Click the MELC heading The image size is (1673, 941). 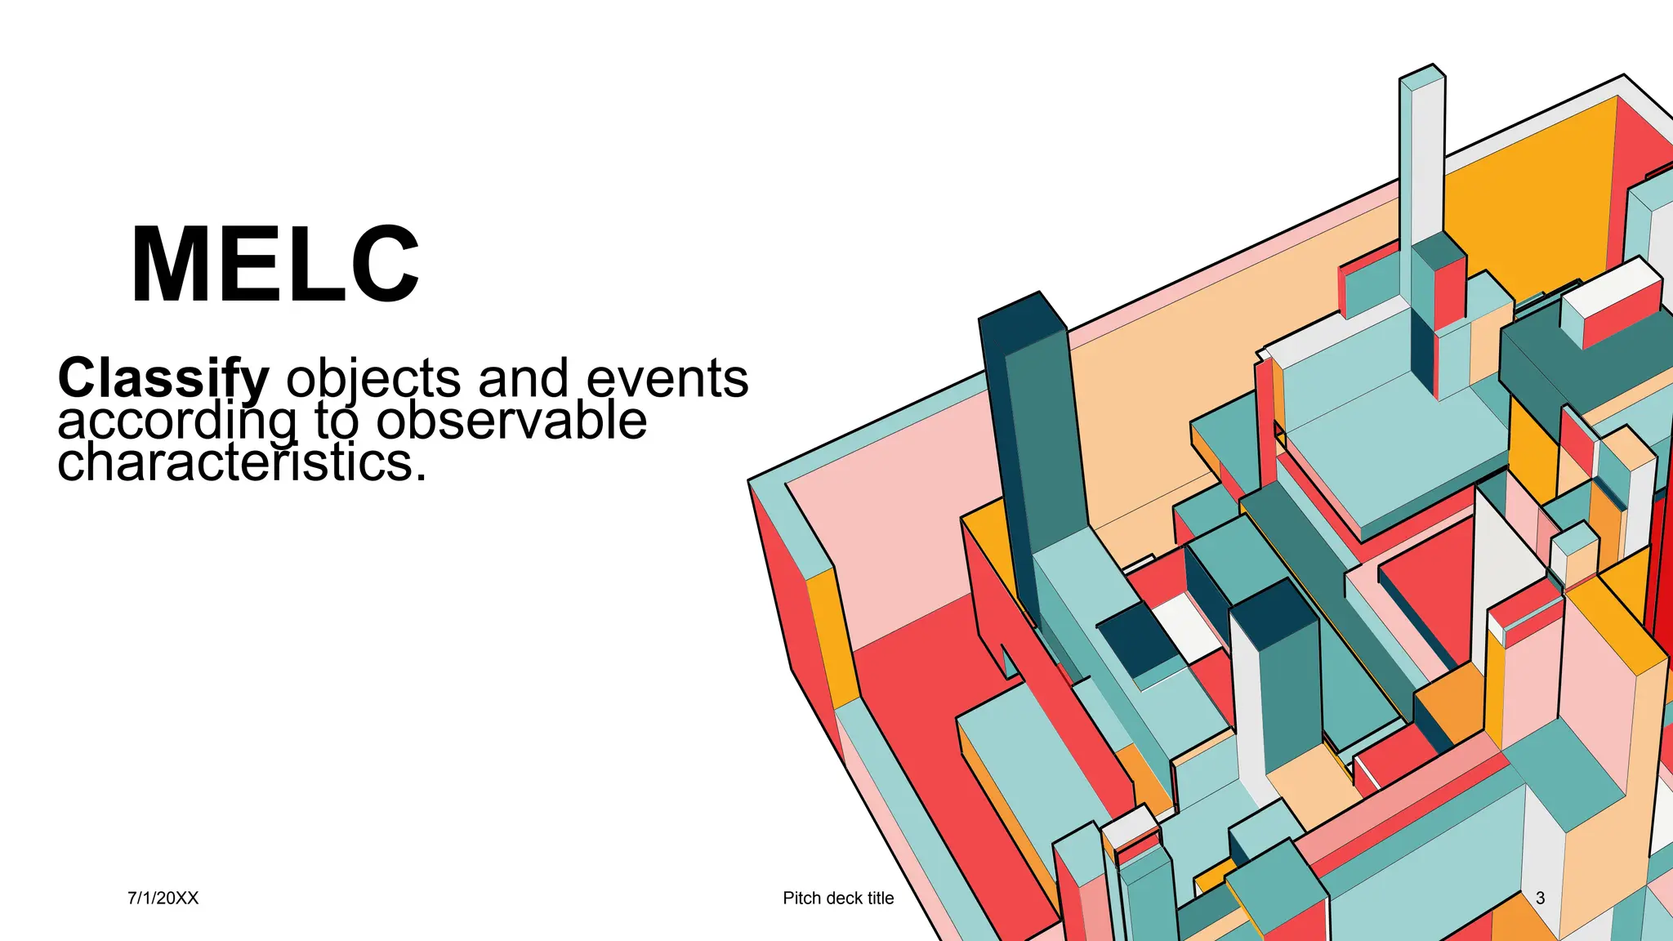point(275,264)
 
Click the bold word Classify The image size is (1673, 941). point(163,378)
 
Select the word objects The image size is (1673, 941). point(374,378)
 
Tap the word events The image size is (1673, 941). point(667,378)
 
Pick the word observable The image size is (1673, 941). point(511,421)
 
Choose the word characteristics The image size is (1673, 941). point(242,462)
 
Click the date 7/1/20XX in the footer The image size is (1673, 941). point(163,898)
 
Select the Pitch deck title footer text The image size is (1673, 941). point(838,898)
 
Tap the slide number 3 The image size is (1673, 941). point(1540,898)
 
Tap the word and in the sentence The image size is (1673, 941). point(524,378)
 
